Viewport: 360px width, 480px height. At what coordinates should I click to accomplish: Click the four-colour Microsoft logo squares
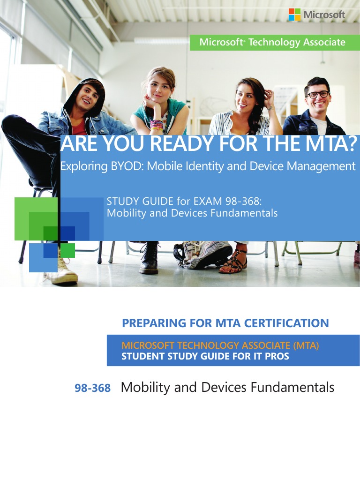[x=294, y=15]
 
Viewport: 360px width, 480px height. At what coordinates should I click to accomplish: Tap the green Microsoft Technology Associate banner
[x=273, y=43]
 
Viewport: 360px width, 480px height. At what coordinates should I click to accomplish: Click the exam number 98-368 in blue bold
[x=92, y=389]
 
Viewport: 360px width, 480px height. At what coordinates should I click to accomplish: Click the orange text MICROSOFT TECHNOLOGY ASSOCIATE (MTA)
[x=220, y=346]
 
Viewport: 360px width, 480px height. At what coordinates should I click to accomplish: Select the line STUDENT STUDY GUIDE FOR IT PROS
[x=205, y=356]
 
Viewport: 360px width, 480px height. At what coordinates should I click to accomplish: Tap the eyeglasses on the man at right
[x=318, y=94]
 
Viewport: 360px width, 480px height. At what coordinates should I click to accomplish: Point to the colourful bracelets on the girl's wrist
[x=156, y=125]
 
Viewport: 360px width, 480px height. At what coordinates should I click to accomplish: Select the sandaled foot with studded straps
[x=233, y=263]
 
